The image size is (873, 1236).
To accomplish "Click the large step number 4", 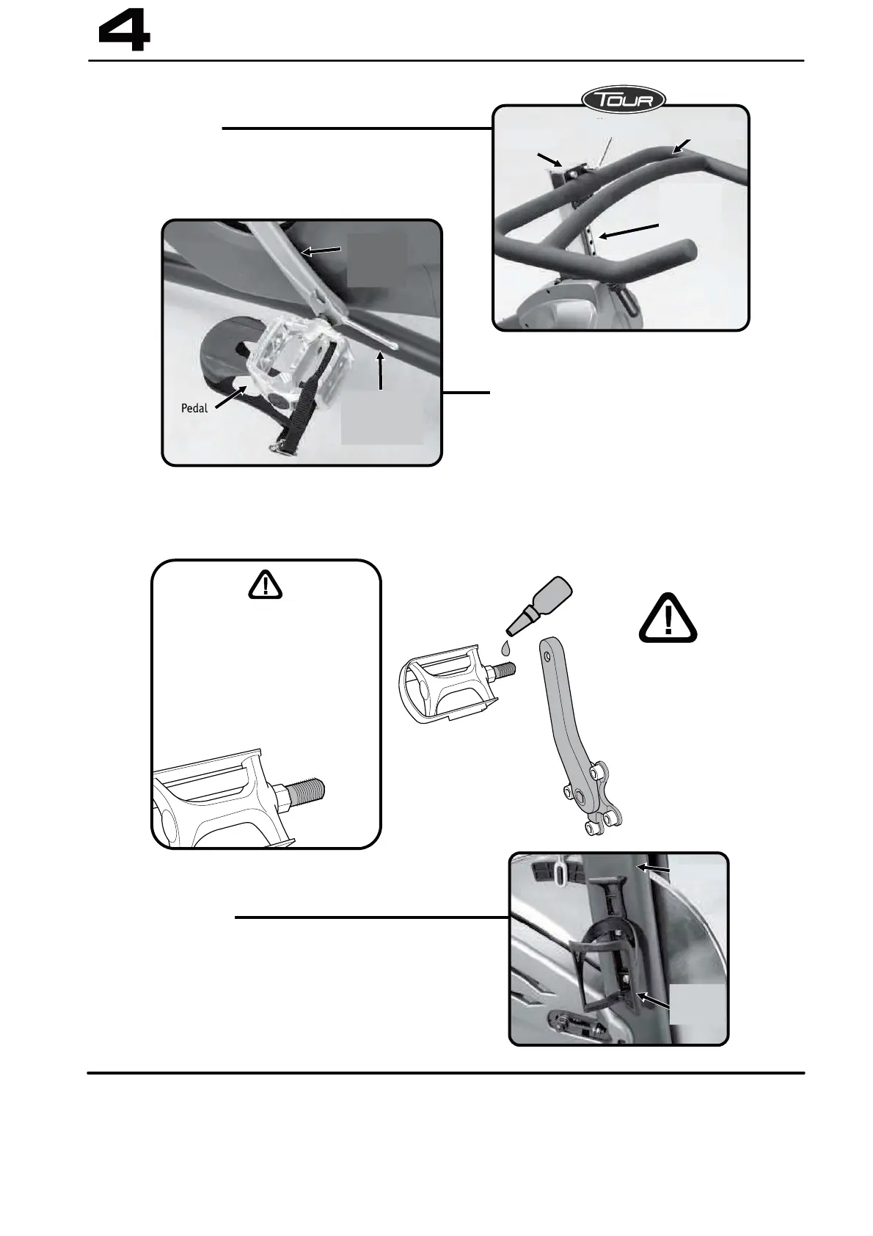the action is pyautogui.click(x=125, y=32).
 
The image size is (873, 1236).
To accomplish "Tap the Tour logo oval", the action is pyautogui.click(x=624, y=100).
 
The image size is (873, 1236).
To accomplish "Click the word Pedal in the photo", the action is pyautogui.click(x=194, y=408).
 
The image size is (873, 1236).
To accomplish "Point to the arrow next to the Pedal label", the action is pyautogui.click(x=230, y=397).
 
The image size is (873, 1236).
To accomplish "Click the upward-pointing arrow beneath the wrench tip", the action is pyautogui.click(x=380, y=370).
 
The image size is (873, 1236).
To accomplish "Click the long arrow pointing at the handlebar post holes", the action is pyautogui.click(x=629, y=230).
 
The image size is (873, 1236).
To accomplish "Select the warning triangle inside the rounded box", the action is pyautogui.click(x=266, y=586).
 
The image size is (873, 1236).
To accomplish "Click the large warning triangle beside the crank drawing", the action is pyautogui.click(x=668, y=618).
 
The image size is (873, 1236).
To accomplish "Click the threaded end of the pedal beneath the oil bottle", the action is pyautogui.click(x=505, y=672).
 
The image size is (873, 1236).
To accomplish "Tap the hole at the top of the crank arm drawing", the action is pyautogui.click(x=546, y=657).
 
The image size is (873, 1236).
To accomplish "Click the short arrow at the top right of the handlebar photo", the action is pyautogui.click(x=681, y=146).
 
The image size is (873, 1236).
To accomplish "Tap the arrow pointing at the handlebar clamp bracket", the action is pyautogui.click(x=549, y=160).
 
